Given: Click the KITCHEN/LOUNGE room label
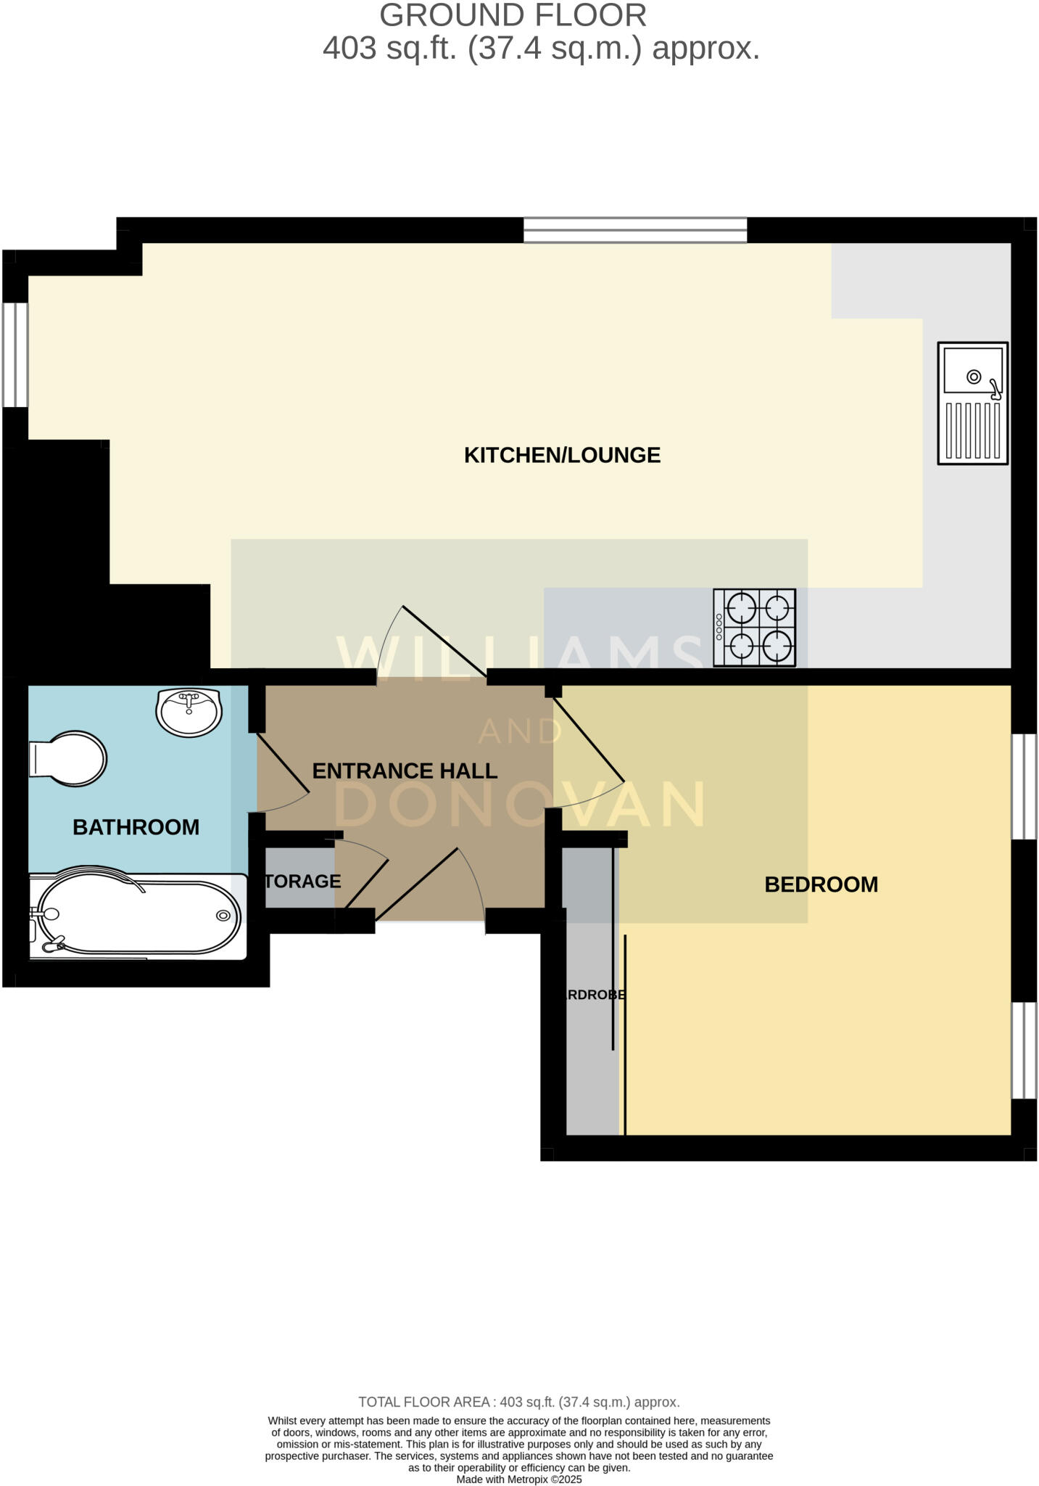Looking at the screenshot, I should pyautogui.click(x=562, y=455).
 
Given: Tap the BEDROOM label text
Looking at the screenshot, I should pyautogui.click(x=821, y=884).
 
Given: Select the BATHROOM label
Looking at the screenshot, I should pyautogui.click(x=136, y=827).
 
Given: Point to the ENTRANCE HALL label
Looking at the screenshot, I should pyautogui.click(x=405, y=771).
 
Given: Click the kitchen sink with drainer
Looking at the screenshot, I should pyautogui.click(x=972, y=403).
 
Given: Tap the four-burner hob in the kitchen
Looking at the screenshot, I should pyautogui.click(x=755, y=627).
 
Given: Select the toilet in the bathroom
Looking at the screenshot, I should pyautogui.click(x=67, y=759).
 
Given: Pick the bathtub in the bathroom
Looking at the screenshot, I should pyautogui.click(x=138, y=916).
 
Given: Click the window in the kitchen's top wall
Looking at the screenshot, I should pyautogui.click(x=634, y=230).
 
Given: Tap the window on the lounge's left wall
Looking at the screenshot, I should pyautogui.click(x=15, y=354).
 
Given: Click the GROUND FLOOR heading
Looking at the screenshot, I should pyautogui.click(x=513, y=16).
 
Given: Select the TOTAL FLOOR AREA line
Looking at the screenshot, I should pyautogui.click(x=519, y=1402).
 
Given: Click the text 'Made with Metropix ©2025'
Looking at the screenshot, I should pyautogui.click(x=519, y=1479).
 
